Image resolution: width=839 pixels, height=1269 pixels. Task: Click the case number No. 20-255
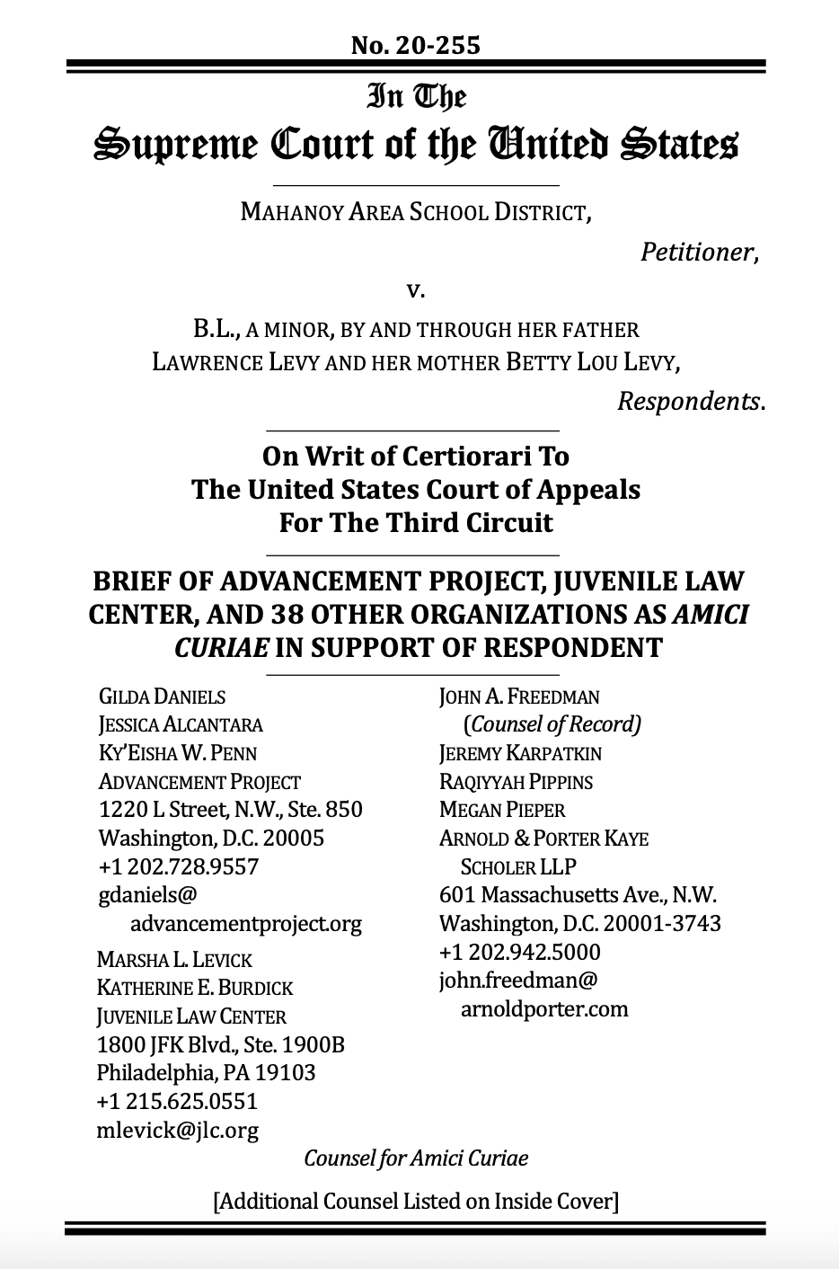[416, 44]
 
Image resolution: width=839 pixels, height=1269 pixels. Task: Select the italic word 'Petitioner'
[699, 253]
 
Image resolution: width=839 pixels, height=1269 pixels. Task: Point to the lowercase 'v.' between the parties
[415, 290]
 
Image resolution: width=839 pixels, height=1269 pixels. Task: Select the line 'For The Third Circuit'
[416, 523]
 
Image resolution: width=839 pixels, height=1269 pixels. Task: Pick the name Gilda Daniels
[162, 697]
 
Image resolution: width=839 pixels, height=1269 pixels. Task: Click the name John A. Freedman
[519, 697]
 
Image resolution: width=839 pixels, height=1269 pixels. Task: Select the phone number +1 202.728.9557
[179, 867]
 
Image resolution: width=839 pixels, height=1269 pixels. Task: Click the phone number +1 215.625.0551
[177, 1102]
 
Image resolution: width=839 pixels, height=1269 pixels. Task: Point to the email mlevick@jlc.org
[177, 1131]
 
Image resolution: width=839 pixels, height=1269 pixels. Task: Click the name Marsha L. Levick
[174, 960]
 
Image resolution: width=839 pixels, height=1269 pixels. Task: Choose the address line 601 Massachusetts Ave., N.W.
[578, 895]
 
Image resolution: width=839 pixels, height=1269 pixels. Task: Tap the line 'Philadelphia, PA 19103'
[207, 1073]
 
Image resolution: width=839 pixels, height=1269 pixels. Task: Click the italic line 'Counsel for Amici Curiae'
[416, 1158]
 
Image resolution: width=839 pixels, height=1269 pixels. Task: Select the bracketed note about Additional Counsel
[416, 1202]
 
